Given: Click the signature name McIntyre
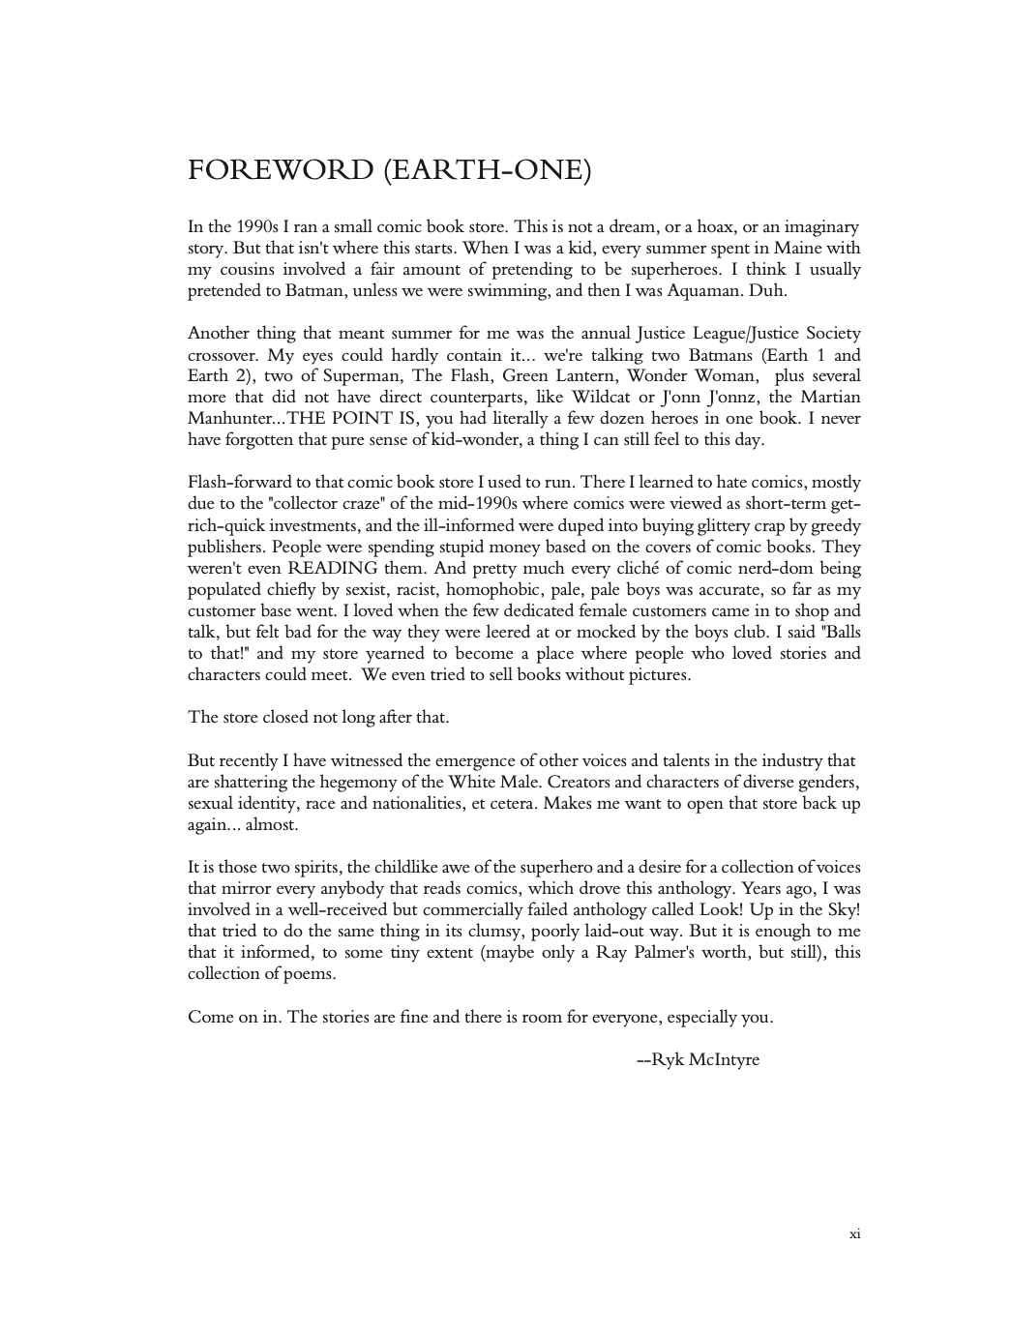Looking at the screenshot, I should [725, 1059].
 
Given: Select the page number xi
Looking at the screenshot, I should [854, 1233].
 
